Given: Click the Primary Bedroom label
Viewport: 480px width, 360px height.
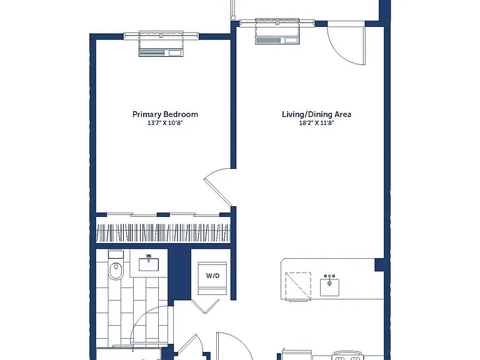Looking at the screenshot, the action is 165,114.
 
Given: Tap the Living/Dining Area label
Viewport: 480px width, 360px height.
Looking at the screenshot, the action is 316,114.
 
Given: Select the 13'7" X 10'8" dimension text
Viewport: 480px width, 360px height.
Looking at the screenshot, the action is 165,123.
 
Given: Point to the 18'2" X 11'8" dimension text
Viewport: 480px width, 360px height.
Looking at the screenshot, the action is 316,123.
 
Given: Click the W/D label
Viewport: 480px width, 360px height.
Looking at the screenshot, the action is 212,276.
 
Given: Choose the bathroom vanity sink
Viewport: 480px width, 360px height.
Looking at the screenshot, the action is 149,264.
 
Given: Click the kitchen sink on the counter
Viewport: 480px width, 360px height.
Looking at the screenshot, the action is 329,287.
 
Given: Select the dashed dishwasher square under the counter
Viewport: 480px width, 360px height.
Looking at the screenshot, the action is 298,286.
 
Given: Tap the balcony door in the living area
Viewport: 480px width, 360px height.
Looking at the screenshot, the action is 346,43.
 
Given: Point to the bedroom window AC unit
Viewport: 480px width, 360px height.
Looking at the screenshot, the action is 161,48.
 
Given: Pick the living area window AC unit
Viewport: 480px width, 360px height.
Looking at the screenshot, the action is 277,36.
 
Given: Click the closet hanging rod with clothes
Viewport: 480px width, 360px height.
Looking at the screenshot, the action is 163,233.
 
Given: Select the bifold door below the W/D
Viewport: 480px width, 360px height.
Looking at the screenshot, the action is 205,306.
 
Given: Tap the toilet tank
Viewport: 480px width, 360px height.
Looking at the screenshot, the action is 116,255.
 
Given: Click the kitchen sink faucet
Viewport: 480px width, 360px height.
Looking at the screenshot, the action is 329,279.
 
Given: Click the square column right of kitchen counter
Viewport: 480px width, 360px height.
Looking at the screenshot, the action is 379,265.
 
